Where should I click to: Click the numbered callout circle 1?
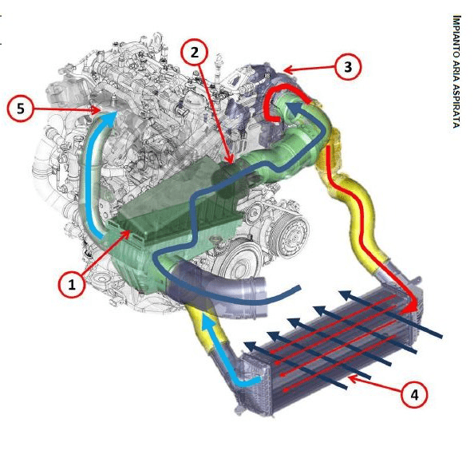click(x=72, y=284)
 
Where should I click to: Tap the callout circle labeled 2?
click(x=195, y=52)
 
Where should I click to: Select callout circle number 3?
click(x=348, y=66)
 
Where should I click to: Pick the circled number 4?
click(x=414, y=394)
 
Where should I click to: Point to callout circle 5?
click(x=20, y=109)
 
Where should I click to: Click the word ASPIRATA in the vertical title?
click(x=456, y=106)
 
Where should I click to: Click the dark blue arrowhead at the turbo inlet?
click(x=294, y=109)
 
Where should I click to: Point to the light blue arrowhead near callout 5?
click(x=109, y=118)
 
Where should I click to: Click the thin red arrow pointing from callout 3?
click(x=309, y=69)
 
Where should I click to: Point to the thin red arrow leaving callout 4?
click(x=376, y=383)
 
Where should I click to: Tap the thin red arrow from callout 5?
click(x=66, y=109)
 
